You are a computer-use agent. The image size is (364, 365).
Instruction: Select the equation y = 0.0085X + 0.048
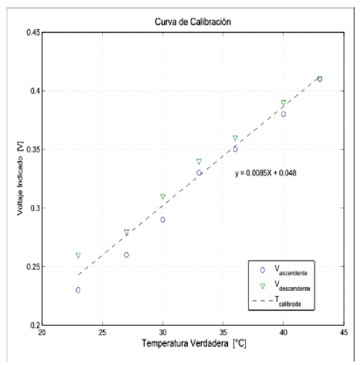[x=266, y=173]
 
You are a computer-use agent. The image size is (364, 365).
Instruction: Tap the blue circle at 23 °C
[x=78, y=290]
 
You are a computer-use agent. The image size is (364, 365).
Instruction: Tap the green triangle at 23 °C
[x=78, y=255]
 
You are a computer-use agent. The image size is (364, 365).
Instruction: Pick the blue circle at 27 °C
[x=127, y=255]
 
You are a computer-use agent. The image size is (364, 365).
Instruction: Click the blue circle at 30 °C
[x=163, y=219]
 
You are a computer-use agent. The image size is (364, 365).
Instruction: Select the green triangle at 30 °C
[x=163, y=197]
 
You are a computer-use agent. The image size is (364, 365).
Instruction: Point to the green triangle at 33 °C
[x=199, y=162]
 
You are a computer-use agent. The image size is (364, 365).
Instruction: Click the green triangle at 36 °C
[x=235, y=138]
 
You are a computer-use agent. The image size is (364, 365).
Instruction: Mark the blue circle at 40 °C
[x=283, y=114]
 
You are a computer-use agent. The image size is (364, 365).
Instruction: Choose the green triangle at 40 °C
[x=283, y=103]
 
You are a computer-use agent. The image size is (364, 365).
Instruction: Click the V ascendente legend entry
[x=283, y=268]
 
